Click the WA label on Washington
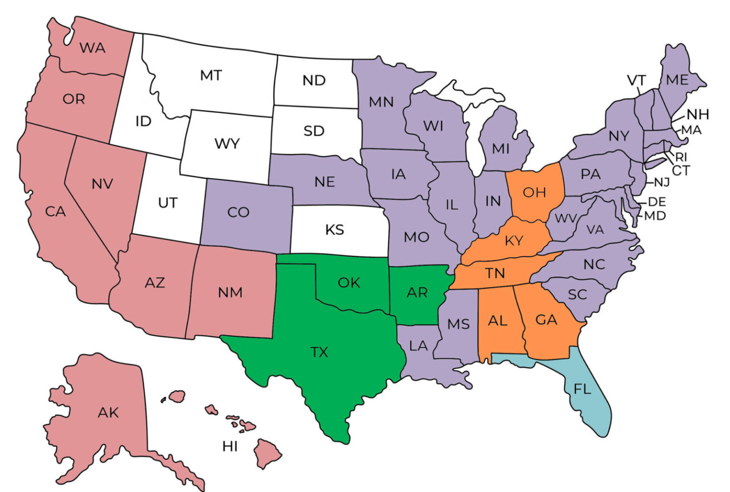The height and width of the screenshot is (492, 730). [x=92, y=47]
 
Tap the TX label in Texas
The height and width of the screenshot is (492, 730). [x=319, y=352]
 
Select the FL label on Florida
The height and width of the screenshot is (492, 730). [x=582, y=389]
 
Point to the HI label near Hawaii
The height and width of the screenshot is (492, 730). [x=230, y=446]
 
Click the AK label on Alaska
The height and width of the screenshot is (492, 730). [x=108, y=413]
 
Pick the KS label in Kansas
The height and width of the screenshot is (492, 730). [x=335, y=230]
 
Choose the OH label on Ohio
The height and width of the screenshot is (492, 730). [x=534, y=192]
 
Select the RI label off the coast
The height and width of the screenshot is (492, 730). [x=681, y=157]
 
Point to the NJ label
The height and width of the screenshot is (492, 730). [x=662, y=182]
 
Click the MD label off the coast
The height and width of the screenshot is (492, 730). [x=655, y=216]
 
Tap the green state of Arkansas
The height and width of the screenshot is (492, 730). [x=417, y=293]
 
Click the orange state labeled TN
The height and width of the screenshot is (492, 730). [x=495, y=274]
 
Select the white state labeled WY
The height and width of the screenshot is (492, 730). [x=227, y=143]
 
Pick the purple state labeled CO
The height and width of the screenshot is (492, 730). [x=238, y=212]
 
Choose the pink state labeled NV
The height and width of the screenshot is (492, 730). [x=102, y=184]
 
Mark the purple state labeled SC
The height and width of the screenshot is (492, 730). [x=577, y=295]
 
